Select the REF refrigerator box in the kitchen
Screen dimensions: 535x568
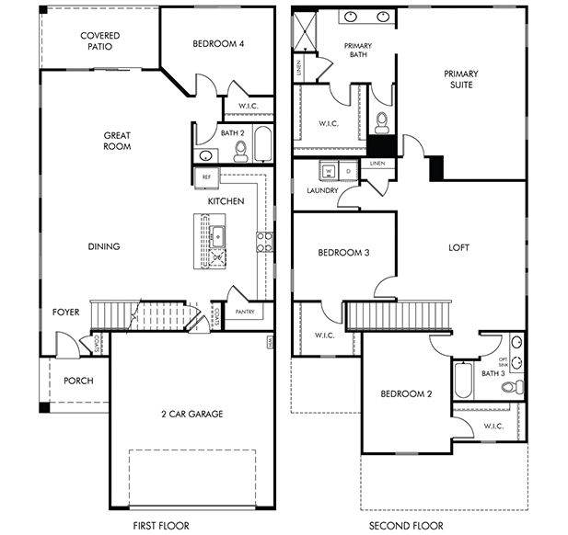(x=206, y=176)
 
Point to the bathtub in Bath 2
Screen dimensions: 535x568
(x=262, y=144)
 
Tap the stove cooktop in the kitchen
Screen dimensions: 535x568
(x=264, y=242)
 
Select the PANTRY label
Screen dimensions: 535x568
(x=245, y=312)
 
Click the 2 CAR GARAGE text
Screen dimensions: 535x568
(x=191, y=414)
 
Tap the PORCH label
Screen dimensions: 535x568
(x=78, y=381)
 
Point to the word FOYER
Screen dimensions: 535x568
(x=65, y=312)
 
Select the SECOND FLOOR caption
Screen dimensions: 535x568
(x=406, y=525)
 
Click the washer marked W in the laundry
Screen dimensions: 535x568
(x=328, y=171)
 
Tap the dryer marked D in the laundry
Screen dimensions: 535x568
(x=347, y=171)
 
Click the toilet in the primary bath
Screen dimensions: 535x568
(x=382, y=121)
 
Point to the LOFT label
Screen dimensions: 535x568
(x=458, y=247)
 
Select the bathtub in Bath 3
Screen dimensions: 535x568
(x=463, y=380)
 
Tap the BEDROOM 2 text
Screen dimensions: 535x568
(x=406, y=394)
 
